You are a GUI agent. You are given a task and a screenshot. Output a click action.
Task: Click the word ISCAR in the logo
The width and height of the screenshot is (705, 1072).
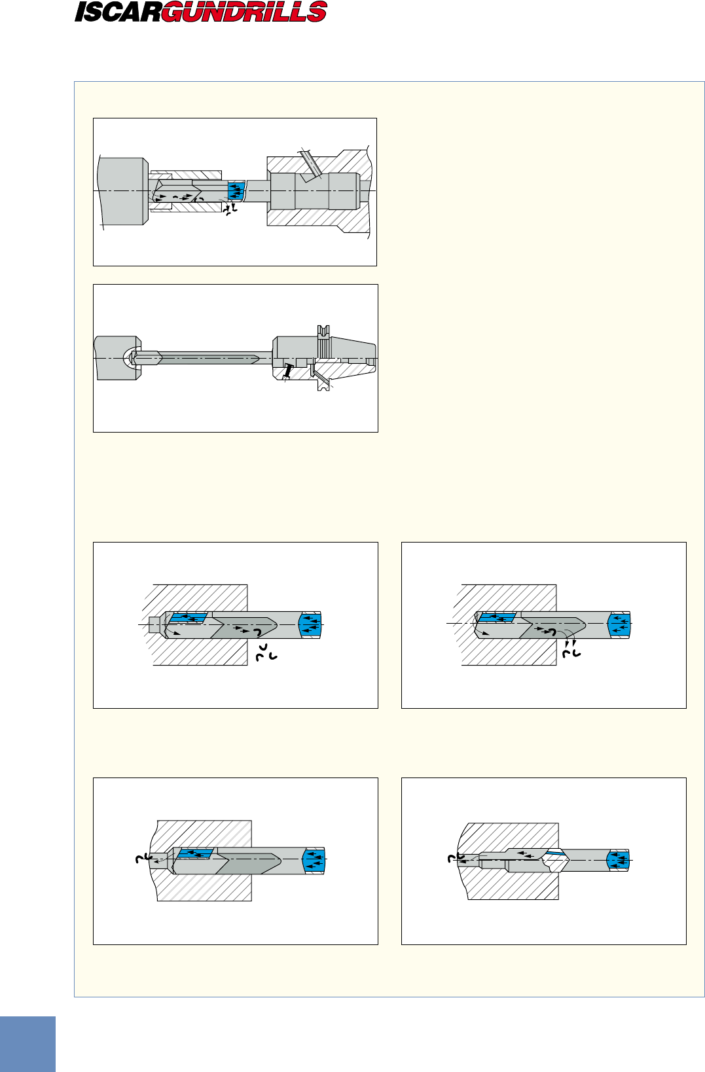coord(118,12)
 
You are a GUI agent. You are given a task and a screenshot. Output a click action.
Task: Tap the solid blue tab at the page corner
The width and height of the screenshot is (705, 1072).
coord(27,1044)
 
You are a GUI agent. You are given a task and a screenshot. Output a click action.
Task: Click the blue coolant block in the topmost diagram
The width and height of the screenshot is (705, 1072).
coord(236,190)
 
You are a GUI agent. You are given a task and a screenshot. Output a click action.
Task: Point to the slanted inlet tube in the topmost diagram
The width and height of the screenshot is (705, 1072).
coord(310,165)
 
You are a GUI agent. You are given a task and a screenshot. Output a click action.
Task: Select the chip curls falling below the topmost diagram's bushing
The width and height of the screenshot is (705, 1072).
coord(230,209)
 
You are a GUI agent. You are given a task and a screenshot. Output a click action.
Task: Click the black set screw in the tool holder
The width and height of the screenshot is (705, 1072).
coord(287,371)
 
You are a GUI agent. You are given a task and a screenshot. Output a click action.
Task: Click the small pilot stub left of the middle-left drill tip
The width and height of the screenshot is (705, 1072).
coord(154,624)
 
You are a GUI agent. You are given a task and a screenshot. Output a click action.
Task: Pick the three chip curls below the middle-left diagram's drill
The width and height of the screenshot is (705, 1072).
coord(266,652)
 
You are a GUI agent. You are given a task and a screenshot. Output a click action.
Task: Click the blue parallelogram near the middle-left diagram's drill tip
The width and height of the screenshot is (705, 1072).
coord(189,618)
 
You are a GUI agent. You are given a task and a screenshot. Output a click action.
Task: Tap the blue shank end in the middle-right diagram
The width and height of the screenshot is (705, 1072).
coord(619,624)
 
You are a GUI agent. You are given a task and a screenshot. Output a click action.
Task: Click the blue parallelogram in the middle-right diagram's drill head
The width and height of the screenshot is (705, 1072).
coord(497,617)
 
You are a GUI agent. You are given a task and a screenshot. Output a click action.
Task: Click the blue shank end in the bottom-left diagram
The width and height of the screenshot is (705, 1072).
coord(314,861)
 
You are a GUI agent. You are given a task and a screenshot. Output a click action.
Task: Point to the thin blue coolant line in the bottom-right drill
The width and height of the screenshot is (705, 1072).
coord(556,852)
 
